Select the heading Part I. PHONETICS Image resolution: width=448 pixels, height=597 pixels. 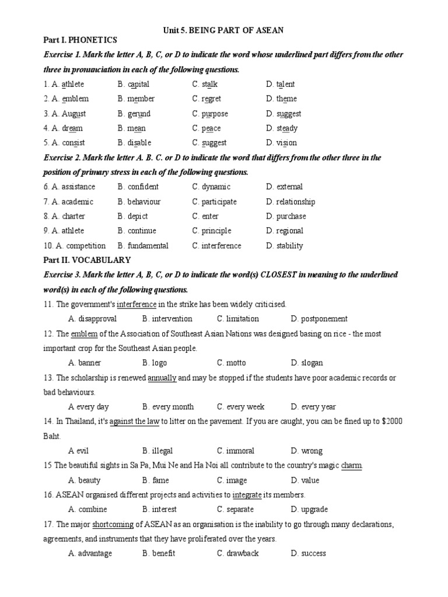coord(80,40)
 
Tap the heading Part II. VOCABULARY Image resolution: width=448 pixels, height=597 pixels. coord(87,260)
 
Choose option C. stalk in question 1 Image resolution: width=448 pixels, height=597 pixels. coord(205,85)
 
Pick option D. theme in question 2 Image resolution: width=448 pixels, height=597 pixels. coord(281,99)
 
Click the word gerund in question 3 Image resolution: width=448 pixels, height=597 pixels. coord(139,114)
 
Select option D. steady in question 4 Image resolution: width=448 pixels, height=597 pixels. coord(282,128)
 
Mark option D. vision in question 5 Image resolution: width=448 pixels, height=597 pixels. coord(281,143)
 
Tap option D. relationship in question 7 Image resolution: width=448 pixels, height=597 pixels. coord(290,202)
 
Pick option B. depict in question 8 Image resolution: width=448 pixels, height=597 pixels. coord(134,216)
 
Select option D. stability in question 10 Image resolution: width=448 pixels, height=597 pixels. coord(285,245)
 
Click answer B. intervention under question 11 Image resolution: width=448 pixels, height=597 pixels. coord(167,319)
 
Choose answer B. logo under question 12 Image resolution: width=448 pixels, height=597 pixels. coord(155,363)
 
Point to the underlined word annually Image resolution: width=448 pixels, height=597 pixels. coord(162,378)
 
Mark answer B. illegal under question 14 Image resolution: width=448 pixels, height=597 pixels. coord(157,451)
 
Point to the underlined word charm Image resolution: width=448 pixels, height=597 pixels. coord(352,466)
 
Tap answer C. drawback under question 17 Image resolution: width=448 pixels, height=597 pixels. coord(238,553)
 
